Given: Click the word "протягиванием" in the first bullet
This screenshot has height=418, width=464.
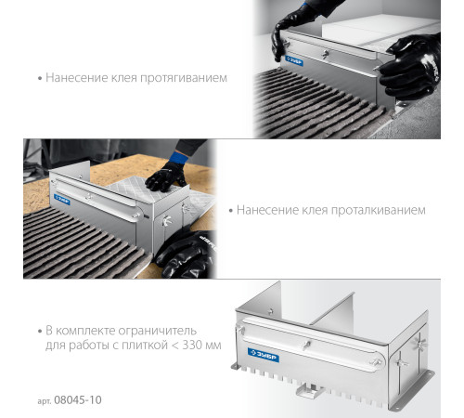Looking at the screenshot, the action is coord(184,78).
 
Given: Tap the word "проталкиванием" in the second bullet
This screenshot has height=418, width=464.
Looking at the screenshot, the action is coord(379,211).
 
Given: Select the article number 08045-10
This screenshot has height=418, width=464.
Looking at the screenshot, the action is coord(78,400).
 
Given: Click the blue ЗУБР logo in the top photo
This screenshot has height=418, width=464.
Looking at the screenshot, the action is coord(294,60).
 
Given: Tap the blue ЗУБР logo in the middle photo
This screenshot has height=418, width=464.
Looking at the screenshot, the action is coord(62,200).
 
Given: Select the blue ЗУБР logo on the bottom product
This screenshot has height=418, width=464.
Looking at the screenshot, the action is coord(264,355).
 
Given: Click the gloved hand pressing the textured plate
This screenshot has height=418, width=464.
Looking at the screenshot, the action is coord(165,176).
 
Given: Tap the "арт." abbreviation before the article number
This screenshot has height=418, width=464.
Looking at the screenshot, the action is coord(45,401).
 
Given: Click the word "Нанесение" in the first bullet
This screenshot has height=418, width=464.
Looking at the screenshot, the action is coord(77,78).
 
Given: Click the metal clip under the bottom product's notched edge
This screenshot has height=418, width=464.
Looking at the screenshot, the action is coord(310,390).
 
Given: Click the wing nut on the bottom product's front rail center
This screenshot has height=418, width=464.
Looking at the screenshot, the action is coord(305,345).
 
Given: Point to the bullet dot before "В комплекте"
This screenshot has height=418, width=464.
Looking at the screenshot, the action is coord(40,332).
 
